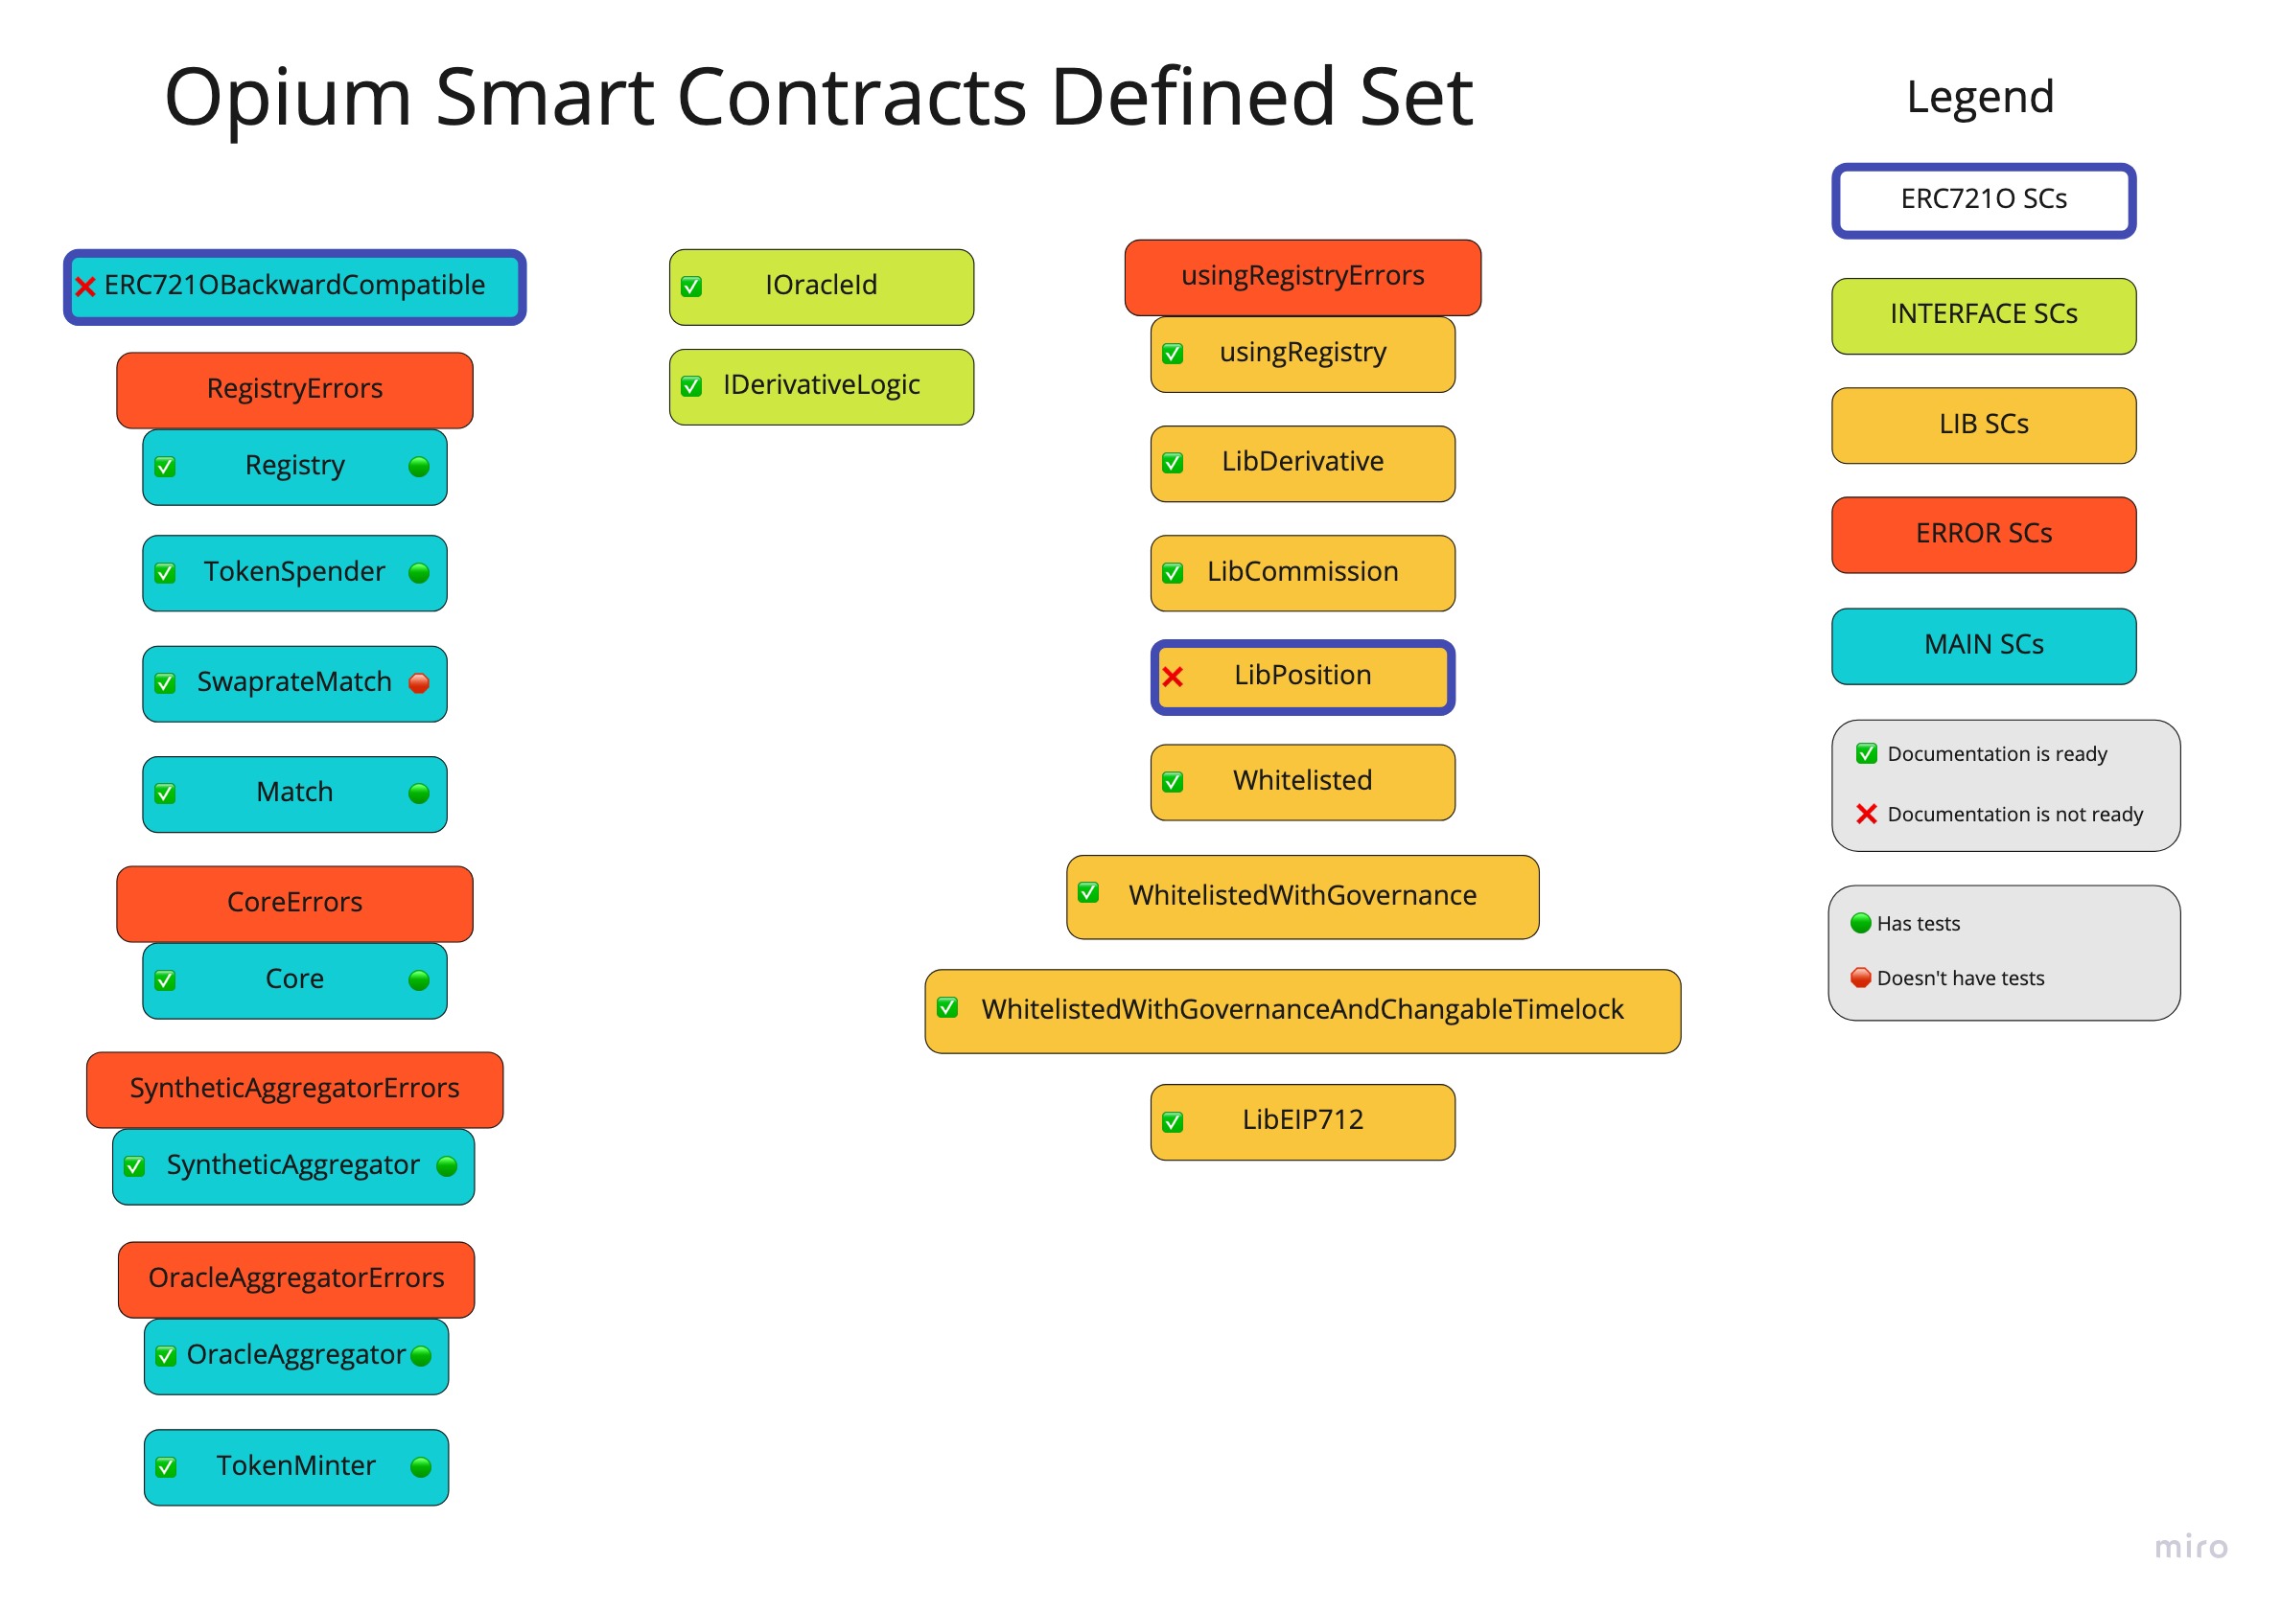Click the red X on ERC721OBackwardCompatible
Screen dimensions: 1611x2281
tap(85, 288)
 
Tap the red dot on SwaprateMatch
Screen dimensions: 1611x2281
tap(419, 683)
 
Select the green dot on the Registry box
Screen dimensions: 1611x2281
tap(419, 467)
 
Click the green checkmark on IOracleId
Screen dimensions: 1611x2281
tap(691, 288)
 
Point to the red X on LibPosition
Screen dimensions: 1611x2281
tap(1173, 678)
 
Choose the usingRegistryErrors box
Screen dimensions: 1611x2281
tap(1301, 277)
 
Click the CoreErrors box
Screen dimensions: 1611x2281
tap(294, 903)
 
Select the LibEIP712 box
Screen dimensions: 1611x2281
tap(1301, 1121)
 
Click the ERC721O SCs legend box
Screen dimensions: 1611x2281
tap(1983, 199)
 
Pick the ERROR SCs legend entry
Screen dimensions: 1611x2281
tap(1983, 535)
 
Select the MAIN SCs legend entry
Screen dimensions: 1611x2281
tap(1983, 646)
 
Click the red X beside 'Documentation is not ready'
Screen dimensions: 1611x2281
tap(1866, 815)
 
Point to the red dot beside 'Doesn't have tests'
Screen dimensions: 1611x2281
tap(1861, 978)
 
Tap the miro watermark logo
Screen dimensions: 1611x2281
tap(2191, 1548)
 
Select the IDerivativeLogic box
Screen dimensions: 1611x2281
tap(821, 386)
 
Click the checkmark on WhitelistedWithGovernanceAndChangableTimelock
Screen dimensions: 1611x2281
tap(947, 1008)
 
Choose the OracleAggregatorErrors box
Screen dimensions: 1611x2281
tap(296, 1279)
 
